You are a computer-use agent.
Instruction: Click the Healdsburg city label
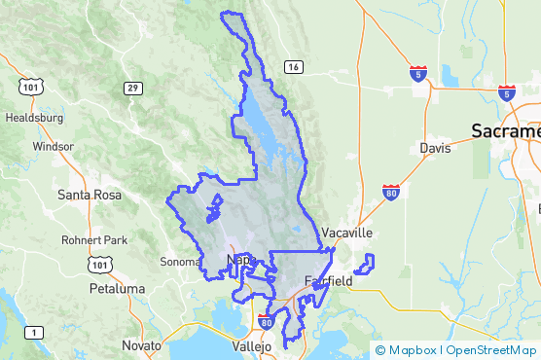[34, 118]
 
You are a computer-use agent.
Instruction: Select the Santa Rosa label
[90, 195]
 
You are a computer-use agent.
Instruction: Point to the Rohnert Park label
[89, 240]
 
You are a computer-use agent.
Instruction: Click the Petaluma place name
[116, 289]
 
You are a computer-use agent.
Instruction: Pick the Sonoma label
[181, 262]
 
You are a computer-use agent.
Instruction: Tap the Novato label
[142, 345]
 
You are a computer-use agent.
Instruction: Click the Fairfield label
[328, 281]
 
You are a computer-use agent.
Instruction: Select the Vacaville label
[347, 234]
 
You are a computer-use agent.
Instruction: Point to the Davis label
[435, 149]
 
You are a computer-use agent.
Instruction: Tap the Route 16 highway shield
[292, 67]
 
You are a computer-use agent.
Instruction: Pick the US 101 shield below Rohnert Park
[98, 264]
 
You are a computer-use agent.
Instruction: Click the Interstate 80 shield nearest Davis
[391, 191]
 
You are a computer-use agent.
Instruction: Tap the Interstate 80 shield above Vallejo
[267, 323]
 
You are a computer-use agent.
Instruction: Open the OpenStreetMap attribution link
[491, 349]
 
